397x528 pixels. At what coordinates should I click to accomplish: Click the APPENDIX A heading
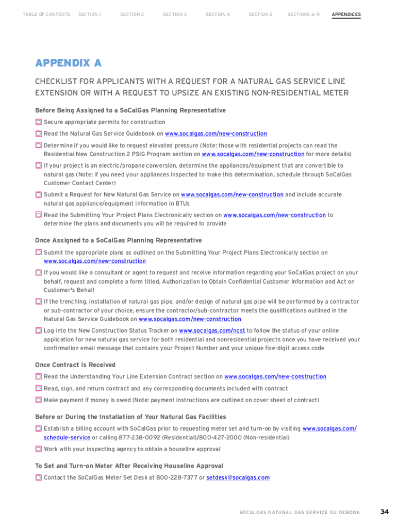coord(68,63)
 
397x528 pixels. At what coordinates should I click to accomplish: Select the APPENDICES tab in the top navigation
coord(346,14)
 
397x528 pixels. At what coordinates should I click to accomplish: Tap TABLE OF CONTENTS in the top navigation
coord(46,14)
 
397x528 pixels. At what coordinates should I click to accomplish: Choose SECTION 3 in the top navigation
coord(175,14)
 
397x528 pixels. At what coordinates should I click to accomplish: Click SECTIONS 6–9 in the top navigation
coord(303,14)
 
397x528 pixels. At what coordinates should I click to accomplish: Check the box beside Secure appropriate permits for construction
coord(38,122)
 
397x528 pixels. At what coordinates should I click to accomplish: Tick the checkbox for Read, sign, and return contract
coord(38,389)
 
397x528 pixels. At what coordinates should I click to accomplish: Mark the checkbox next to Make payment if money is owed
coord(38,400)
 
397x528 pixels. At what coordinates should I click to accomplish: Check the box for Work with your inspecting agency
coord(38,449)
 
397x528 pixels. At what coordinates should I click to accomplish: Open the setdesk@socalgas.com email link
coord(238,477)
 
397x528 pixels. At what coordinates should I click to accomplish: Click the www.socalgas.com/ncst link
coord(212,331)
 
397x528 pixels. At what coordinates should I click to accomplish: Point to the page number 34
coord(385,512)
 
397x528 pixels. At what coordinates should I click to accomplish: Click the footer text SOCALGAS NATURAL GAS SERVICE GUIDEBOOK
coord(300,513)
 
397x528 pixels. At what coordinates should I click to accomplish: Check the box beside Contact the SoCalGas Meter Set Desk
coord(38,477)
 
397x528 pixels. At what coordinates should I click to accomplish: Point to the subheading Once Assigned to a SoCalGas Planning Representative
coord(118,240)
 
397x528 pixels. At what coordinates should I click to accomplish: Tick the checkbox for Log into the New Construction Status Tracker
coord(38,331)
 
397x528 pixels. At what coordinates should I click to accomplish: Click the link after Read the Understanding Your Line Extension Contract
coord(275,377)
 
